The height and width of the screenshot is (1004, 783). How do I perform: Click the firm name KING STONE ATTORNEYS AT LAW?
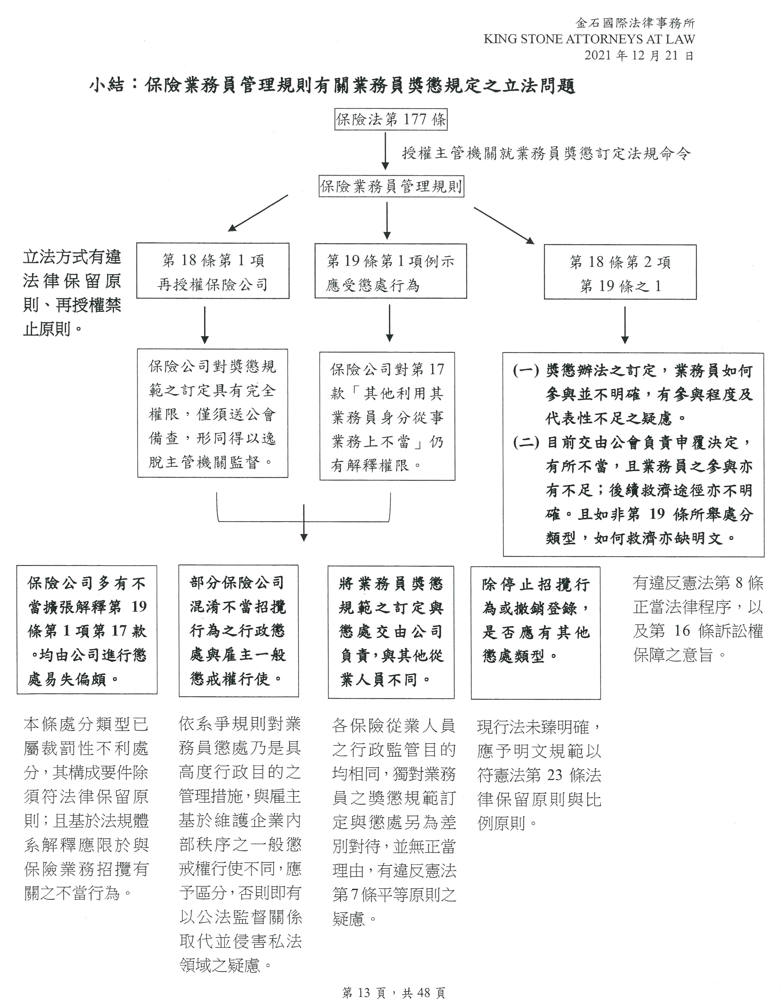coord(589,39)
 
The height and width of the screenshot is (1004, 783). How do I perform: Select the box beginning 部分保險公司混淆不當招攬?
coord(238,631)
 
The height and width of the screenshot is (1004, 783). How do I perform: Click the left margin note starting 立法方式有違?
coord(72,293)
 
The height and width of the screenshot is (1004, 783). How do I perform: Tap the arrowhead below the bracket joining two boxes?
coord(304,537)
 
